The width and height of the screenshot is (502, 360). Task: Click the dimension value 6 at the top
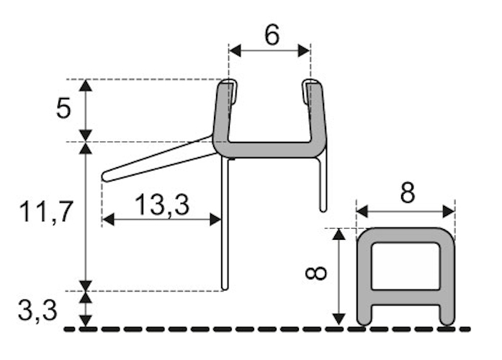click(271, 34)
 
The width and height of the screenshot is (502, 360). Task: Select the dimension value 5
click(64, 109)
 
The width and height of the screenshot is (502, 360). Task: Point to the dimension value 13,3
click(162, 205)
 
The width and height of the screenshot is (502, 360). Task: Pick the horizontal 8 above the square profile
click(406, 194)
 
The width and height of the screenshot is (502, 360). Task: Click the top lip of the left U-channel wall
click(226, 85)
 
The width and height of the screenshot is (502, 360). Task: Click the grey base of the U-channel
click(271, 150)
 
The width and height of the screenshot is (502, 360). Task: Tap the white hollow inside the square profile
click(406, 265)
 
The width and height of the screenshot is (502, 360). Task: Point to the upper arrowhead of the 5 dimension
click(86, 85)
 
